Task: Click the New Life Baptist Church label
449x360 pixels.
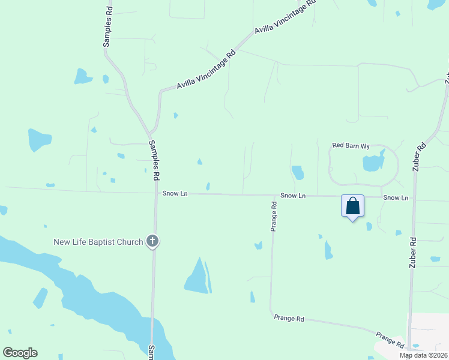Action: click(98, 242)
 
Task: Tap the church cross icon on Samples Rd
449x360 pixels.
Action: click(152, 242)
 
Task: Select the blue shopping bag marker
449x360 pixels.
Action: click(353, 206)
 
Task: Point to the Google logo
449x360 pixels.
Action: click(20, 353)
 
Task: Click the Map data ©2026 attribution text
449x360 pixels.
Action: click(423, 355)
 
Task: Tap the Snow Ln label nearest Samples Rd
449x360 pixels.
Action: click(175, 194)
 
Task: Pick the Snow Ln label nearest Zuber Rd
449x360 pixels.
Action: click(396, 197)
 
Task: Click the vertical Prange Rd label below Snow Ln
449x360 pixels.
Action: click(274, 216)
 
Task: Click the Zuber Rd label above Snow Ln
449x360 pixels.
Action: click(420, 157)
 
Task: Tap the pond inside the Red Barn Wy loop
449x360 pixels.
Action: click(373, 163)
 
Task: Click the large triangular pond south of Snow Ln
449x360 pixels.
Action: click(197, 278)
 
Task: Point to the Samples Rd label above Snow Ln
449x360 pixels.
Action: click(155, 161)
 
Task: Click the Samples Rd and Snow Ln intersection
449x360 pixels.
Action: click(155, 194)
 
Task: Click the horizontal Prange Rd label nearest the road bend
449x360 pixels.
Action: click(289, 318)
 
